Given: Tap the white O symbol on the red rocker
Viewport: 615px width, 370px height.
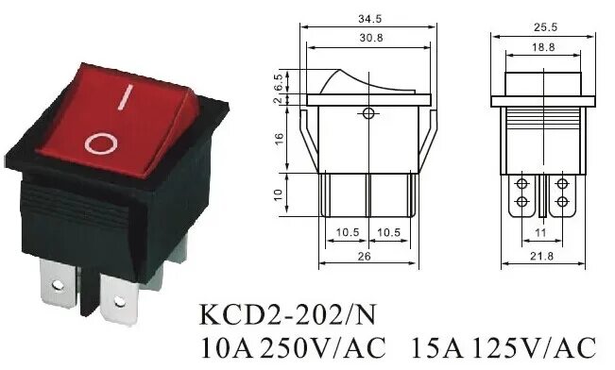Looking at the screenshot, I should point(100,143).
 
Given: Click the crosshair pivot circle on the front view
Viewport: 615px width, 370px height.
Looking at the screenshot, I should point(368,115).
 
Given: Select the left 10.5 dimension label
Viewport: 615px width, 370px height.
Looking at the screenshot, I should point(345,232).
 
